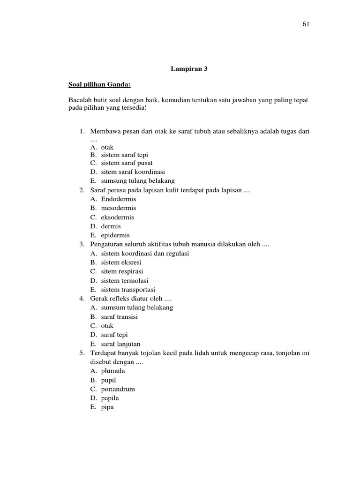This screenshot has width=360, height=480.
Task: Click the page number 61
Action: (306, 24)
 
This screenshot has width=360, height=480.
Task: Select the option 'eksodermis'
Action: (118, 217)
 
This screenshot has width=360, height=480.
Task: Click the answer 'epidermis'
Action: (115, 235)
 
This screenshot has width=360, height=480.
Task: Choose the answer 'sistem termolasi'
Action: (125, 280)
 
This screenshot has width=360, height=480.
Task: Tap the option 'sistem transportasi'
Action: (128, 290)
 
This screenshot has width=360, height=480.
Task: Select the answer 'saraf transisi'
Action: (120, 317)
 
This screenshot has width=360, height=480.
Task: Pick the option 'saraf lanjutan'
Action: (120, 344)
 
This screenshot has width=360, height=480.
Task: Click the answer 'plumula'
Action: (113, 371)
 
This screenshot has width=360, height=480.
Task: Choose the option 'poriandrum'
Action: (118, 389)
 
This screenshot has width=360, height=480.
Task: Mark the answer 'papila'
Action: (110, 398)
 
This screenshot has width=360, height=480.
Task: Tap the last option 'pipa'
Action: (107, 407)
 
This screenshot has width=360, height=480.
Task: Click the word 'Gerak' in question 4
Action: (98, 299)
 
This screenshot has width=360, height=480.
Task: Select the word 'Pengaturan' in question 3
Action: (105, 244)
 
